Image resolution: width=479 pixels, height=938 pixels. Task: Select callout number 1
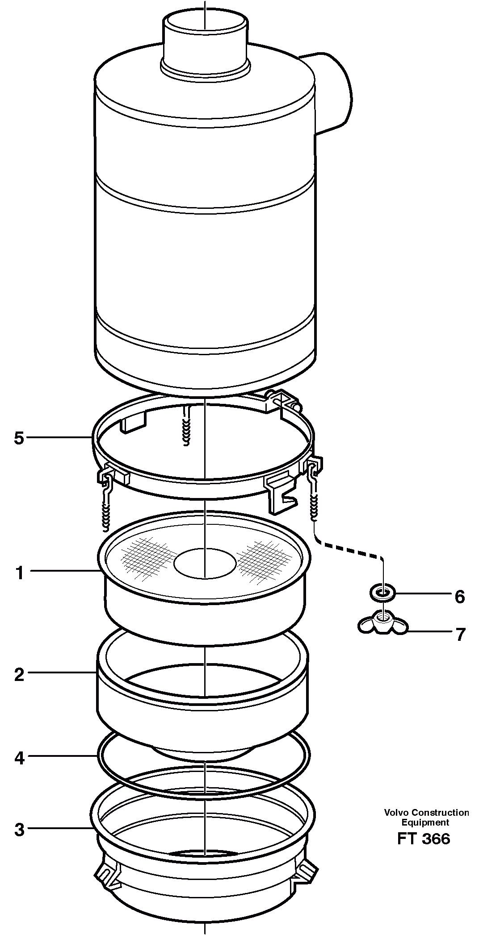tap(19, 573)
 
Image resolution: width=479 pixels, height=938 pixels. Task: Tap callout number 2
tap(19, 675)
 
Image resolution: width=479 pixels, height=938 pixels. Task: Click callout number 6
tap(459, 597)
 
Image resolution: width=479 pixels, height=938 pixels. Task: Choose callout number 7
tap(460, 634)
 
